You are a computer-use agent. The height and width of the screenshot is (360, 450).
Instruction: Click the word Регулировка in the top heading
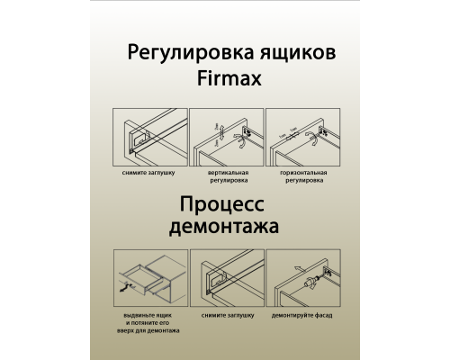[x=175, y=52]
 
